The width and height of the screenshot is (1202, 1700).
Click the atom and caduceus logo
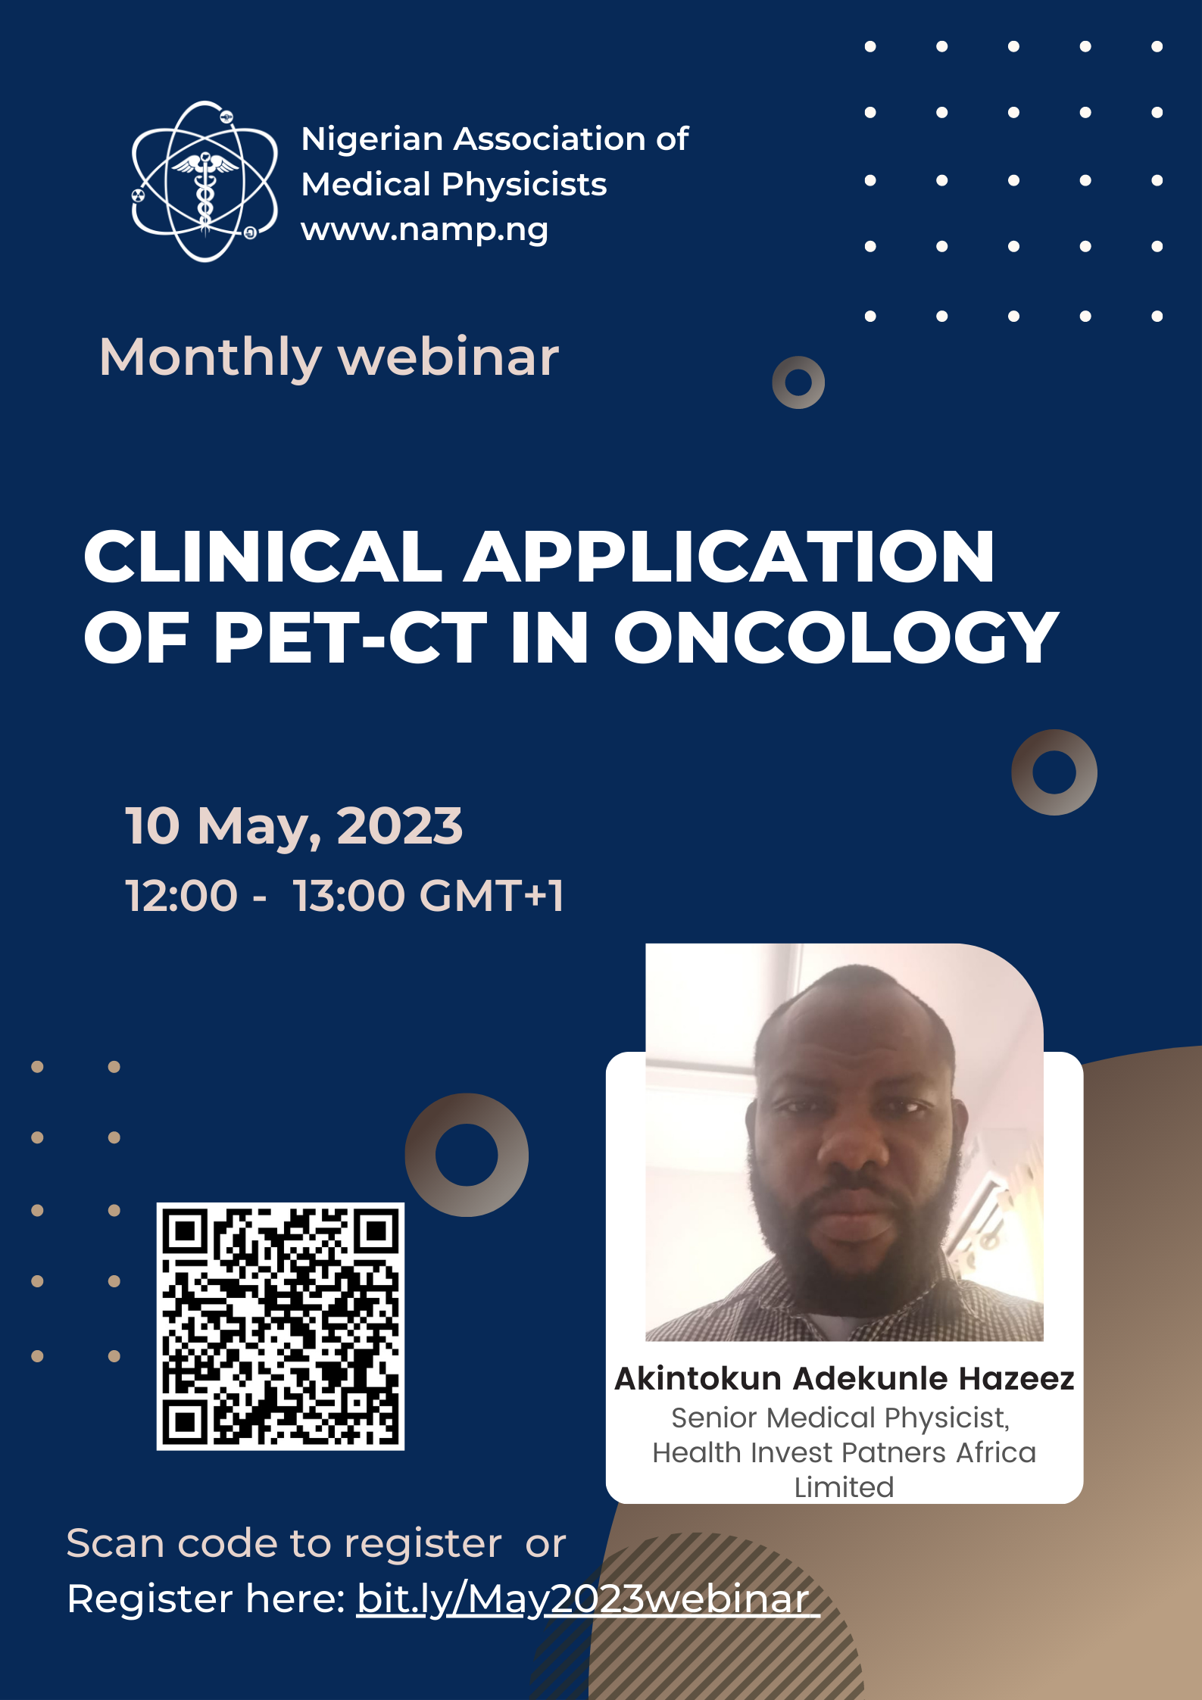click(x=205, y=182)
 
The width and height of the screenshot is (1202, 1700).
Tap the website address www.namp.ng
click(x=425, y=229)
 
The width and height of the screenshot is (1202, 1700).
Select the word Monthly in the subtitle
click(x=211, y=358)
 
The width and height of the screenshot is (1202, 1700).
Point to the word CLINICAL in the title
click(x=263, y=557)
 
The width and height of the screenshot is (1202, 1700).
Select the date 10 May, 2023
click(x=294, y=826)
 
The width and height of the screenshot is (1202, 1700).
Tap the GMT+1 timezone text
click(x=492, y=896)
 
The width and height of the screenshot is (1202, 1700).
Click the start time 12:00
click(x=182, y=896)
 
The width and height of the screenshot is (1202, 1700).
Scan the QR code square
click(x=280, y=1327)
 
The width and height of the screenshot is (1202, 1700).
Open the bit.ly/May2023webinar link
click(x=588, y=1599)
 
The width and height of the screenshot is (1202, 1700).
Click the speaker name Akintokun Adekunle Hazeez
click(x=845, y=1378)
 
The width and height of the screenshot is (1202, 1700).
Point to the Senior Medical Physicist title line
click(x=841, y=1418)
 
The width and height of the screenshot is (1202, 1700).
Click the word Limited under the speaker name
click(x=845, y=1487)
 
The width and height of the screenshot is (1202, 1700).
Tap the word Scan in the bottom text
click(x=115, y=1543)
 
